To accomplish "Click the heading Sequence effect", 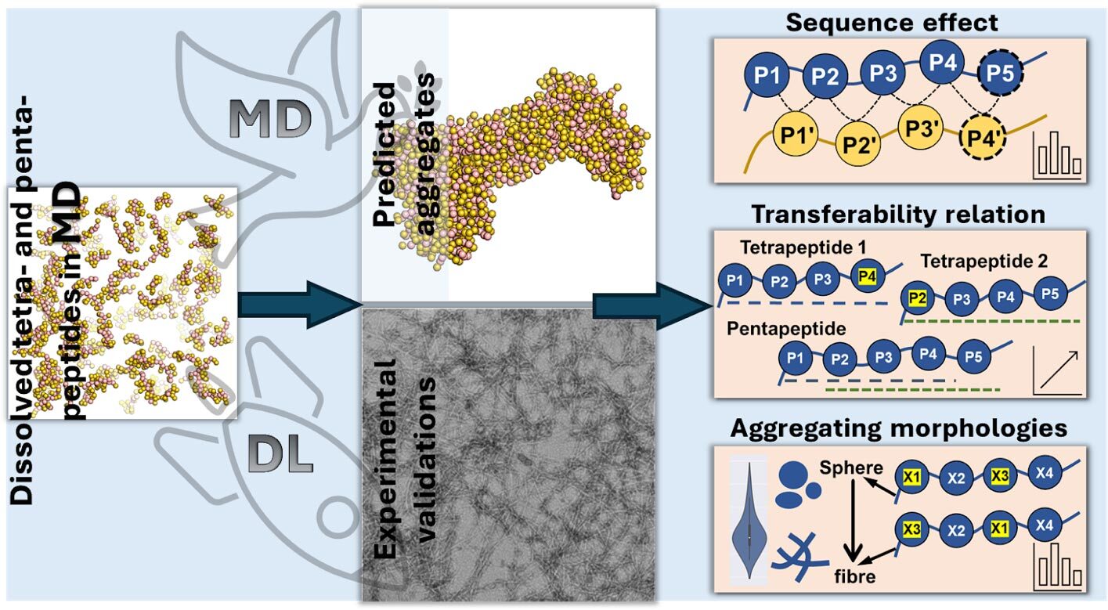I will (893, 22).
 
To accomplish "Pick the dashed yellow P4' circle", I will (983, 144).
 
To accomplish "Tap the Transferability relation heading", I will (899, 214).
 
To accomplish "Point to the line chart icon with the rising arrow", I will (1058, 370).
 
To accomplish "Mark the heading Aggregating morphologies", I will (899, 429).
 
